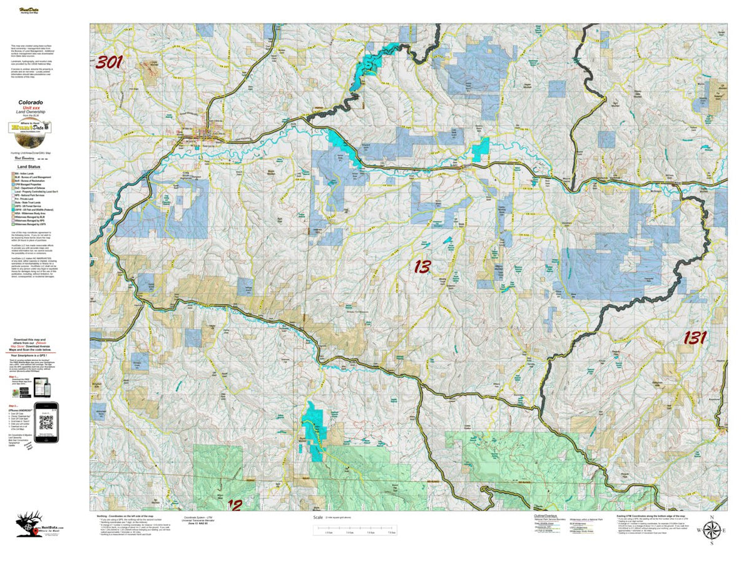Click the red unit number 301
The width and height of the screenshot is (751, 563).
coord(109,63)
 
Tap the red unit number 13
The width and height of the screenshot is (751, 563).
coord(422,266)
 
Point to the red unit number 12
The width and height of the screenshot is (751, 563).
coord(234,504)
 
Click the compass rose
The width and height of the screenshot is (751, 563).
coord(712,530)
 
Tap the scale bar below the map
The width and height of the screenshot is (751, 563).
coord(356,532)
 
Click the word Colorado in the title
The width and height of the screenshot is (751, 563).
coord(31,102)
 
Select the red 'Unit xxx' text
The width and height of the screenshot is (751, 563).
coord(31,107)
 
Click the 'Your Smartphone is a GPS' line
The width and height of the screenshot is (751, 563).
coord(31,355)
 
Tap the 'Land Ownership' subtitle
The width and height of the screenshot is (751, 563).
coord(31,112)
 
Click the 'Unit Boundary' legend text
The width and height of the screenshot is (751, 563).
coord(24,158)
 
